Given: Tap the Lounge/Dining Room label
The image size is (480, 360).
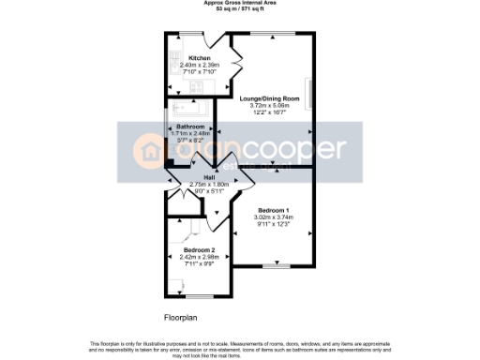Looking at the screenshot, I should (x=270, y=98).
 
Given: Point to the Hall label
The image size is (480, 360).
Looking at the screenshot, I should (x=209, y=177).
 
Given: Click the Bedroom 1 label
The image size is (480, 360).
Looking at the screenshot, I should (x=275, y=210).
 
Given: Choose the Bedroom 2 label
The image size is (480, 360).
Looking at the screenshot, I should (x=200, y=250).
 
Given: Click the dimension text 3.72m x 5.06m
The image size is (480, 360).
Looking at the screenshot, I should (x=270, y=106).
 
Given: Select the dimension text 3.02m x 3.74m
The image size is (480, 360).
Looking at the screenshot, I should (x=275, y=217).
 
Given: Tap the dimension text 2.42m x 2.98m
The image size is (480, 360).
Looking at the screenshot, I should (x=200, y=258).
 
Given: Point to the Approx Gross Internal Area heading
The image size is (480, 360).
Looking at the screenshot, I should (x=239, y=3).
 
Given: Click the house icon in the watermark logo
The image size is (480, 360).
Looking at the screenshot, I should (x=151, y=148).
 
